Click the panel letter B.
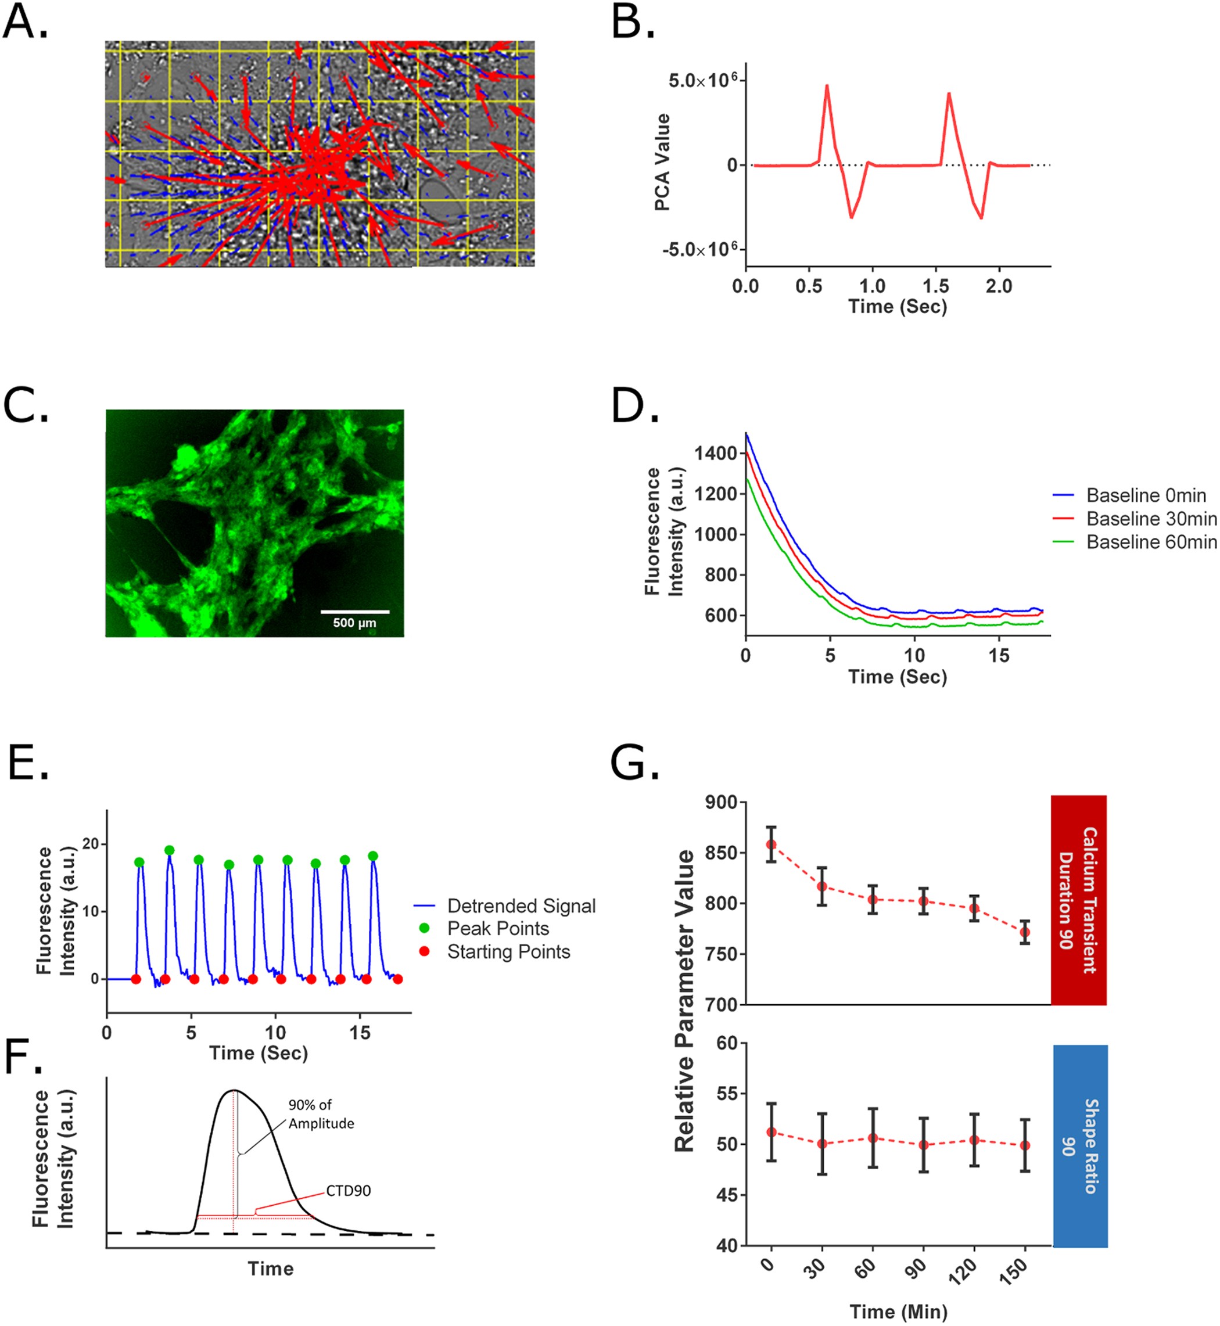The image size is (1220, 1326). tap(632, 23)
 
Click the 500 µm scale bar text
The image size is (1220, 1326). tap(354, 623)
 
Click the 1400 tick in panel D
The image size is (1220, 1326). tap(715, 454)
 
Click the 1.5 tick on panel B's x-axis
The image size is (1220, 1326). tap(935, 286)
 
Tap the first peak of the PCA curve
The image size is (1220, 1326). tap(827, 86)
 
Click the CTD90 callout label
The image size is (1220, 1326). tap(348, 1191)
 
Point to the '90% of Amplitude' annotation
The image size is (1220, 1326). tap(321, 1114)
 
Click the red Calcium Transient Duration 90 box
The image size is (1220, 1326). tap(1078, 900)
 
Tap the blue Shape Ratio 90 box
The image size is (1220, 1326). tap(1080, 1146)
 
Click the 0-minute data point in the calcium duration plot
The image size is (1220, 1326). tap(771, 845)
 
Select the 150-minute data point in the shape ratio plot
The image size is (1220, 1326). tap(1025, 1146)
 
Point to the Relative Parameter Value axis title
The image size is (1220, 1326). tap(684, 1001)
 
